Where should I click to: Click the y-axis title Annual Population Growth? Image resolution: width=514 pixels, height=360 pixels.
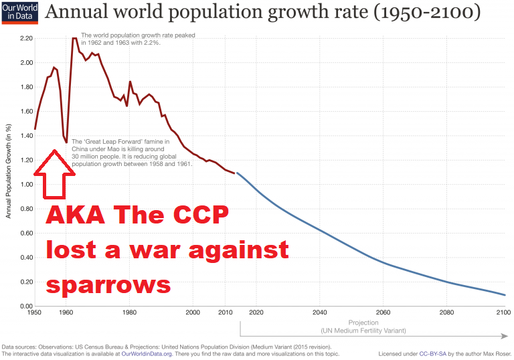click(x=8, y=171)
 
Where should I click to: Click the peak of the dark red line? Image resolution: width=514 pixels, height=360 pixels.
click(x=74, y=39)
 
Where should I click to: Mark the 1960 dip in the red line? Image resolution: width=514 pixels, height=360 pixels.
click(x=66, y=142)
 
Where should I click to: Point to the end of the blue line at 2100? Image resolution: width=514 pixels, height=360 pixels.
click(x=505, y=295)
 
